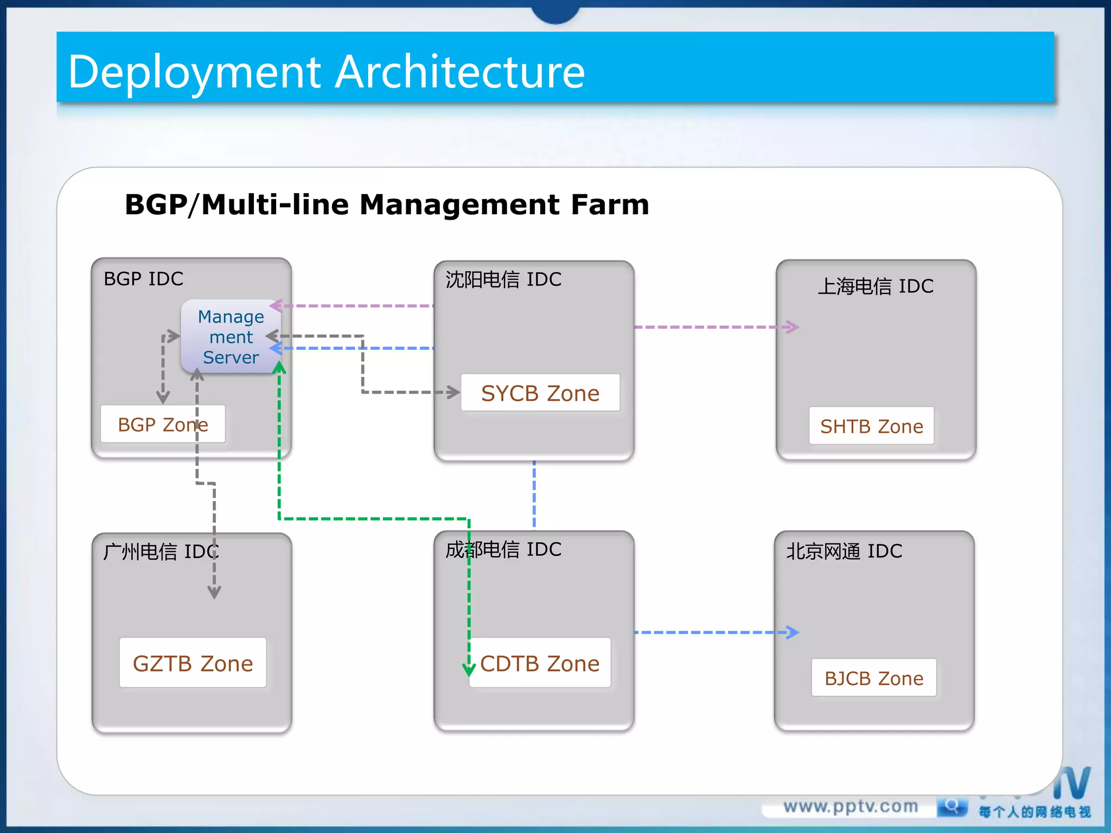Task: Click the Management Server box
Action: pyautogui.click(x=231, y=336)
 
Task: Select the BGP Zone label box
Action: pyautogui.click(x=162, y=424)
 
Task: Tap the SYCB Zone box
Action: pyautogui.click(x=540, y=393)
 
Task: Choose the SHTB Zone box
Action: pyautogui.click(x=871, y=426)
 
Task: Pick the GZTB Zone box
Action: pyautogui.click(x=193, y=663)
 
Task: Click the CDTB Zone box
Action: pyautogui.click(x=540, y=663)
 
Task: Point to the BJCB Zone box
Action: pyautogui.click(x=874, y=678)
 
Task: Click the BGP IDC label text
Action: pyautogui.click(x=143, y=279)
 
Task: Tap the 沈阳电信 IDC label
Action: pyautogui.click(x=503, y=279)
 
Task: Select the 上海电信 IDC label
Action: pyautogui.click(x=876, y=286)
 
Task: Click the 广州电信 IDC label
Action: pyautogui.click(x=161, y=552)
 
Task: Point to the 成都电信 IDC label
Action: pyautogui.click(x=503, y=549)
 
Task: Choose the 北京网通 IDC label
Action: pyautogui.click(x=844, y=551)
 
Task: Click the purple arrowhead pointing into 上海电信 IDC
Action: pyautogui.click(x=792, y=327)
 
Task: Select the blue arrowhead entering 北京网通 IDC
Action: pyautogui.click(x=793, y=632)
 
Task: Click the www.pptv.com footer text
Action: pyautogui.click(x=851, y=806)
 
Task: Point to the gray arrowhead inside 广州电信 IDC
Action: pyautogui.click(x=214, y=592)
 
